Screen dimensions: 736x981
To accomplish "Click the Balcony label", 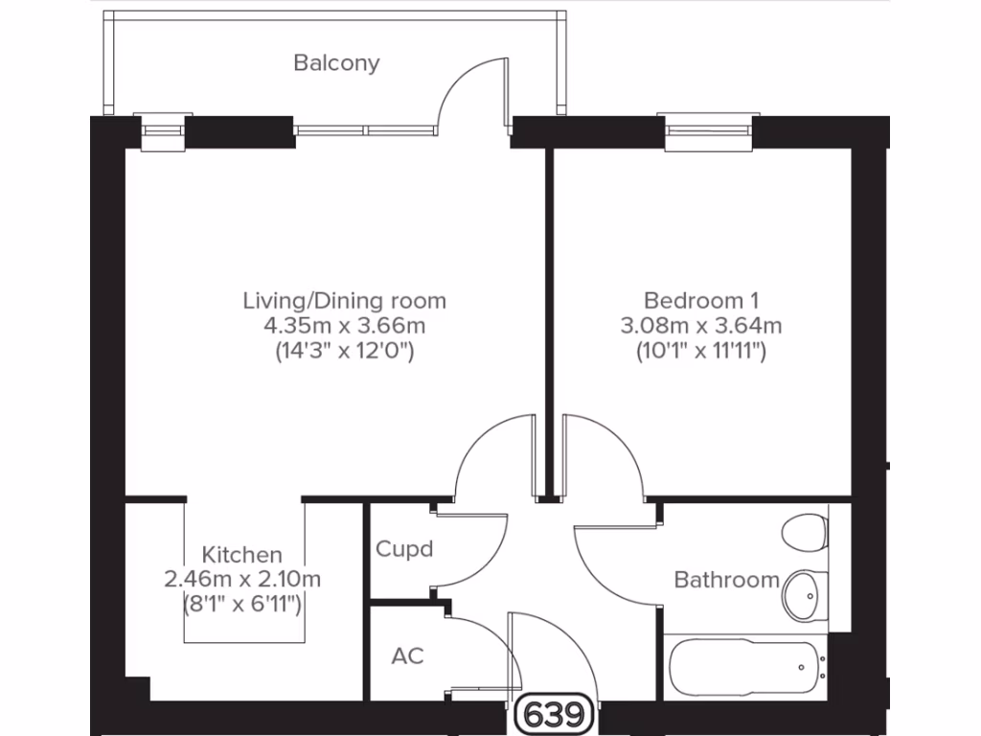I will click(336, 63).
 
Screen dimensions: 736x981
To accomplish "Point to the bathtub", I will click(744, 669).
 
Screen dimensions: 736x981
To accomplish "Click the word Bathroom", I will click(726, 580).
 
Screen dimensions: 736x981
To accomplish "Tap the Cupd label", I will click(403, 550).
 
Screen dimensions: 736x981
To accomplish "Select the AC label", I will click(407, 656).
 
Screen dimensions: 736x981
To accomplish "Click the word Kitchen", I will click(242, 555).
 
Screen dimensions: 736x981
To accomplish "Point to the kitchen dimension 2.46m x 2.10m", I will click(242, 579).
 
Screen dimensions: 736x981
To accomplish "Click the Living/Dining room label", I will click(344, 301).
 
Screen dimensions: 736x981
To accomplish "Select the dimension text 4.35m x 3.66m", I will click(344, 326).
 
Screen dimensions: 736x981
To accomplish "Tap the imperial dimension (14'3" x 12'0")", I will click(344, 351).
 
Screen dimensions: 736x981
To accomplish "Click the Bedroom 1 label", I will click(700, 301).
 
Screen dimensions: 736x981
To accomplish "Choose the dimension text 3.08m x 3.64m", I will click(700, 326).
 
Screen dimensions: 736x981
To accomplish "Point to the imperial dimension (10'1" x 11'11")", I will click(700, 351).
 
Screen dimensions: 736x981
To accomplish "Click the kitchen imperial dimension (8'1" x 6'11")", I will click(242, 604).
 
